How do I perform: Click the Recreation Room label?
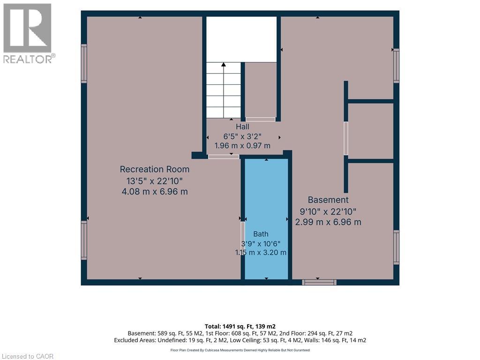click(x=155, y=169)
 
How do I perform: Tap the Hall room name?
click(x=242, y=127)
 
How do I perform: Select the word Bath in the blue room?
click(x=261, y=234)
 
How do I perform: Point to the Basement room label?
click(x=328, y=200)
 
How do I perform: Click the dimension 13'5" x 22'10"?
click(x=155, y=181)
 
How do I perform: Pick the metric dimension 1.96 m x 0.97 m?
click(x=242, y=146)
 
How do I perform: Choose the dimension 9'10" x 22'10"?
click(x=328, y=211)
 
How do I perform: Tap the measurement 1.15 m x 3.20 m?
click(x=261, y=253)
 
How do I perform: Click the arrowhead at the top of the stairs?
click(x=224, y=65)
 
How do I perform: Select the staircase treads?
click(x=224, y=90)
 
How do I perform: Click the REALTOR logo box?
click(x=27, y=28)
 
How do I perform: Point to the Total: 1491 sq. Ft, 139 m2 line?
click(x=240, y=326)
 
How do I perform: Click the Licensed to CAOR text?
click(x=28, y=356)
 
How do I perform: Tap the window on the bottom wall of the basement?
click(x=319, y=282)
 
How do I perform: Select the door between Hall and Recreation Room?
click(x=224, y=157)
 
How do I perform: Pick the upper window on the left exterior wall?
click(x=84, y=63)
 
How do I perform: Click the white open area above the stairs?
click(x=241, y=39)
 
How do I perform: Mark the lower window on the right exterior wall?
click(x=396, y=247)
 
